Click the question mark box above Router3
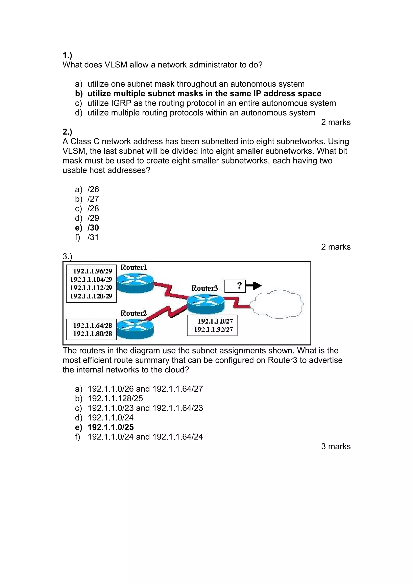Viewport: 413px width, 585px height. pyautogui.click(x=235, y=286)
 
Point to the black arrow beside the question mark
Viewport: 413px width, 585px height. pyautogui.click(x=254, y=286)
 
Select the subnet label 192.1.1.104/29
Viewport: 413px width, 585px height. pyautogui.click(x=91, y=280)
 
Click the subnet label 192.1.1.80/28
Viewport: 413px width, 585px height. pyautogui.click(x=93, y=334)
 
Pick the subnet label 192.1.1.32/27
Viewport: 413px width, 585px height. pyautogui.click(x=213, y=330)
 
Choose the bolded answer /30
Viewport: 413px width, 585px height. pyautogui.click(x=93, y=228)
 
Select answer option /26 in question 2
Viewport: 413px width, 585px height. pyautogui.click(x=93, y=189)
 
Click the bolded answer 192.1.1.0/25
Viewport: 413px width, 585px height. pyautogui.click(x=111, y=427)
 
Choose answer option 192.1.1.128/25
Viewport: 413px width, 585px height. pyautogui.click(x=115, y=398)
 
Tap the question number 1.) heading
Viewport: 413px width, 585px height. pyautogui.click(x=67, y=55)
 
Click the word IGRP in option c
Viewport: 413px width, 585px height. pyautogui.click(x=121, y=103)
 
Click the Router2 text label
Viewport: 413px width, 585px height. pyautogui.click(x=133, y=313)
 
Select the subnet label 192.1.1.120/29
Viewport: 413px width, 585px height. pyautogui.click(x=91, y=296)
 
